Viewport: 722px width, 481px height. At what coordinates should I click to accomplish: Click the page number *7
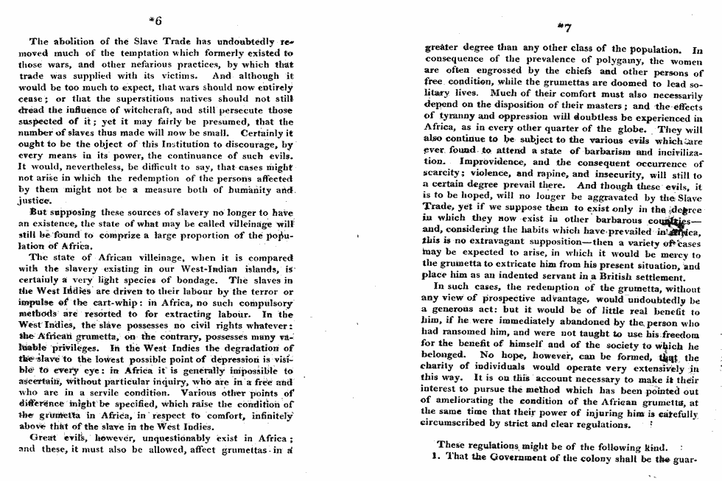[564, 28]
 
